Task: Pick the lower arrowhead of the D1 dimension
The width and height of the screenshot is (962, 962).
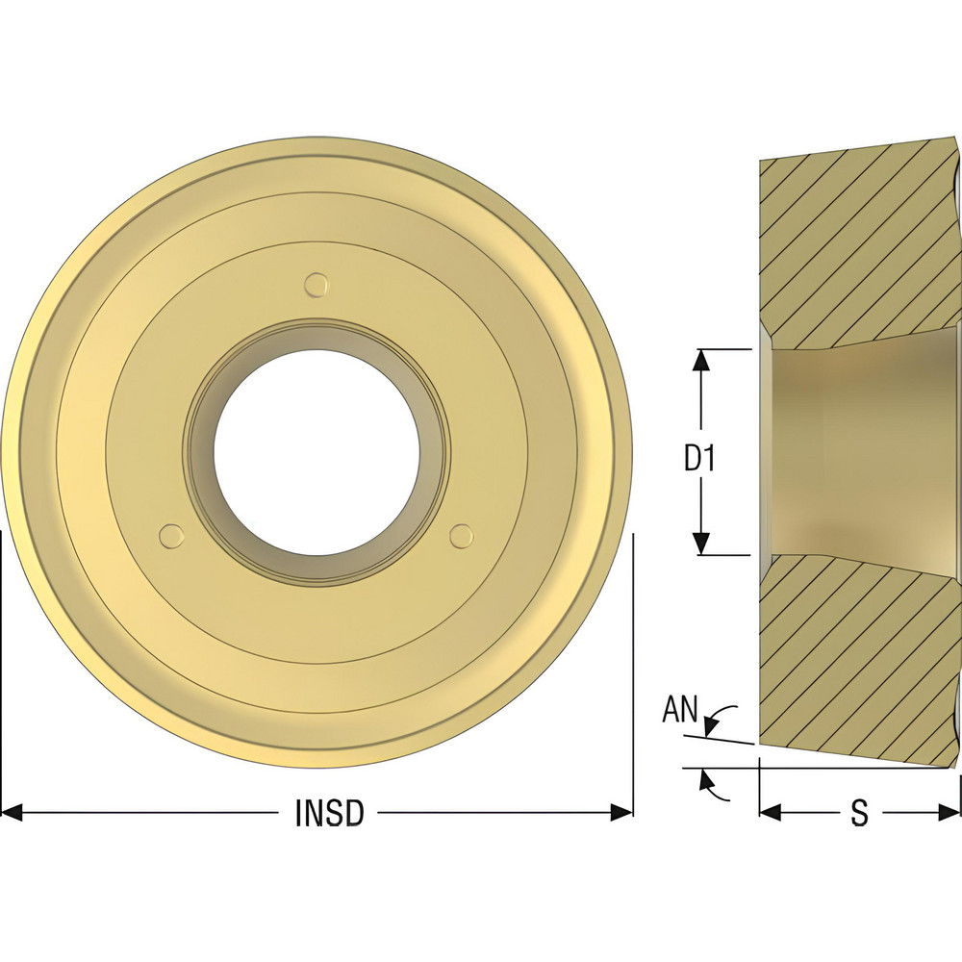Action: [x=701, y=544]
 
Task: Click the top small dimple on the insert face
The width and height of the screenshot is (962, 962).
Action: [x=316, y=284]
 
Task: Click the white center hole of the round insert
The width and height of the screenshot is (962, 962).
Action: [x=316, y=452]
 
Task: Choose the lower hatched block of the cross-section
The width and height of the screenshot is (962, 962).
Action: [x=856, y=664]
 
